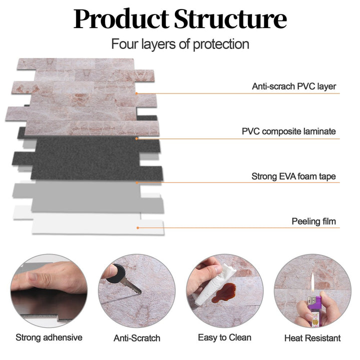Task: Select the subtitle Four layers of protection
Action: [180, 44]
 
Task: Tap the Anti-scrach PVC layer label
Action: [293, 86]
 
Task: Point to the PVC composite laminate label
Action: [288, 131]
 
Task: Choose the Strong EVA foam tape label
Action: [293, 176]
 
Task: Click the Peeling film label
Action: [313, 221]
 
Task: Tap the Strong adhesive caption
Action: [49, 337]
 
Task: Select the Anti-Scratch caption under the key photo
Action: [137, 338]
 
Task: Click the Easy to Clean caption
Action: [224, 337]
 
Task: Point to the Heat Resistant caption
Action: [312, 338]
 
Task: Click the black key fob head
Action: [115, 271]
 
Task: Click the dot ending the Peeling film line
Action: [138, 228]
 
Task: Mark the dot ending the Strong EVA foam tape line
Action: [136, 183]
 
